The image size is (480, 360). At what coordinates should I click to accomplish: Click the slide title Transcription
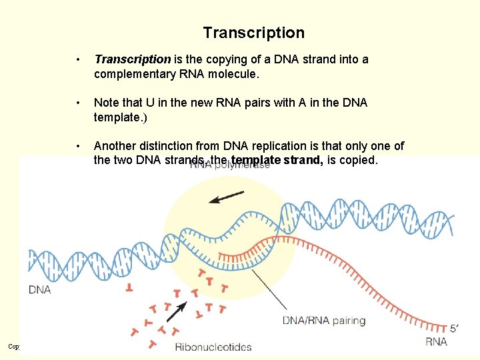253,33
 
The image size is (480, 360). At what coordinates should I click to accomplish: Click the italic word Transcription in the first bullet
133,59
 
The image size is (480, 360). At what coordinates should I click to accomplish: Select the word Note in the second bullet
107,103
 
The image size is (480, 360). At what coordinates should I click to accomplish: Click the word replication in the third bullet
270,146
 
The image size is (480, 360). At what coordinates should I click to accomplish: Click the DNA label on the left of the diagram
40,289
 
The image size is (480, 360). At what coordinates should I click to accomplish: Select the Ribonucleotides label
213,347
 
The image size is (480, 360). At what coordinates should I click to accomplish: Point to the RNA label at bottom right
436,341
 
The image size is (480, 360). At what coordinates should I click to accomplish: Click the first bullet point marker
80,60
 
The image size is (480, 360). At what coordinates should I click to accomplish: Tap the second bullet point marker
80,103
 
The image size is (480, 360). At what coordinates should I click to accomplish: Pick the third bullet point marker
80,147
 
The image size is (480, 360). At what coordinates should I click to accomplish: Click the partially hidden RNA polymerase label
230,165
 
